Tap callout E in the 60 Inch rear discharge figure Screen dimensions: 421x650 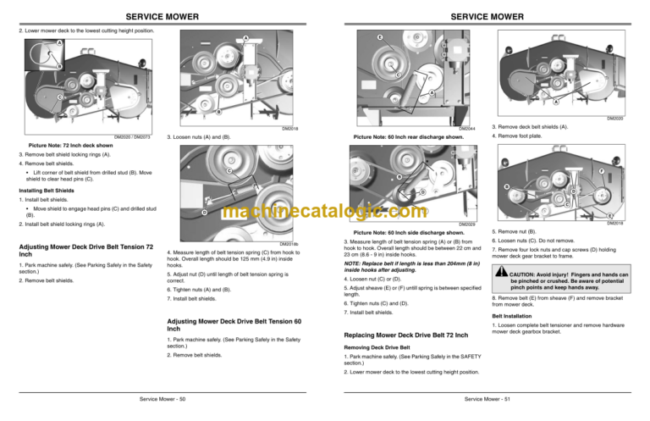click(x=380, y=38)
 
